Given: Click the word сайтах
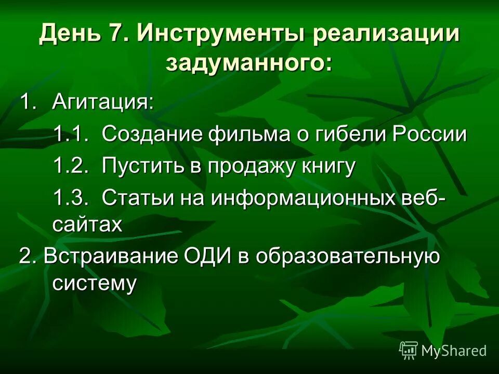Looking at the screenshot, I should [x=87, y=224].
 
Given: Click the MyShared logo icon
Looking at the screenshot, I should [x=409, y=350].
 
